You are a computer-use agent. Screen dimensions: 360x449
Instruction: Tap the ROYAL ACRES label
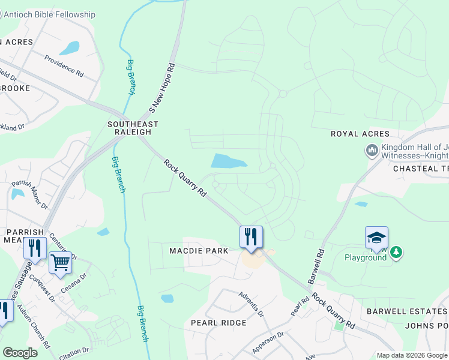pos(360,134)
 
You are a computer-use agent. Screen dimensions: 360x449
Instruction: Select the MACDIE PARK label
pos(199,250)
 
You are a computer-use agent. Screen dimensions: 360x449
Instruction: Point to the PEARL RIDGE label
pos(218,323)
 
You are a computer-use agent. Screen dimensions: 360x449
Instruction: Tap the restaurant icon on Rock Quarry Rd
pos(251,237)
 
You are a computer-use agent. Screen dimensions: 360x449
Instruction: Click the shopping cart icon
pos(60,262)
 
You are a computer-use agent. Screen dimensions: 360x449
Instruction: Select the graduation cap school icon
pos(376,238)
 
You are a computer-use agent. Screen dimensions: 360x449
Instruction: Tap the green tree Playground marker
pos(396,253)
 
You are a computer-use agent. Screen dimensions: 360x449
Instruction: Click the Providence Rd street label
pos(64,65)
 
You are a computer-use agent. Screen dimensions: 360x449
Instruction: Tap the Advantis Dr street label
pos(251,305)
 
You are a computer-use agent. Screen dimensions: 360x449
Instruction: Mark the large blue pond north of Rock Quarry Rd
pos(228,161)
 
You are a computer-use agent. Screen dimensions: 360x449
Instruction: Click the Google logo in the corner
pos(20,352)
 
